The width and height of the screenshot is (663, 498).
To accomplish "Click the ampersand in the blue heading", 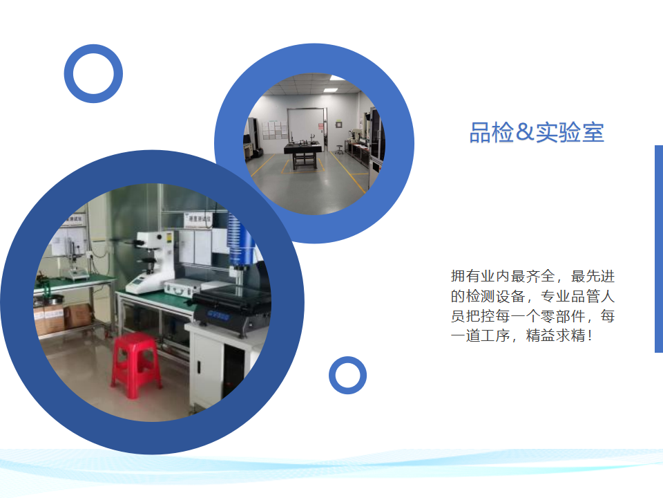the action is click(525, 132).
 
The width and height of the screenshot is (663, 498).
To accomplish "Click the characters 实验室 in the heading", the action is click(570, 132).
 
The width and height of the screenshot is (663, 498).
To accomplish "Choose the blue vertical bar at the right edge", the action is click(659, 249).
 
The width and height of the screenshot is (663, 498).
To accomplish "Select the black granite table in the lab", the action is click(302, 154).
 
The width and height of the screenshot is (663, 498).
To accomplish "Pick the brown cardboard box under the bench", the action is click(77, 316).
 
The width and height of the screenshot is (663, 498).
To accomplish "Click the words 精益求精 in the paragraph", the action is click(555, 336).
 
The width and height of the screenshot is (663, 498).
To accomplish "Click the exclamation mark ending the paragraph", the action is click(590, 336).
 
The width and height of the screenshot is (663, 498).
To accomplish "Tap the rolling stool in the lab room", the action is click(339, 149).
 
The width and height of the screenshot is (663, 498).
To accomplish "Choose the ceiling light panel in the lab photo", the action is click(330, 90).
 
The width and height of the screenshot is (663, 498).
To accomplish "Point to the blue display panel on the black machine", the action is click(218, 316).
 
